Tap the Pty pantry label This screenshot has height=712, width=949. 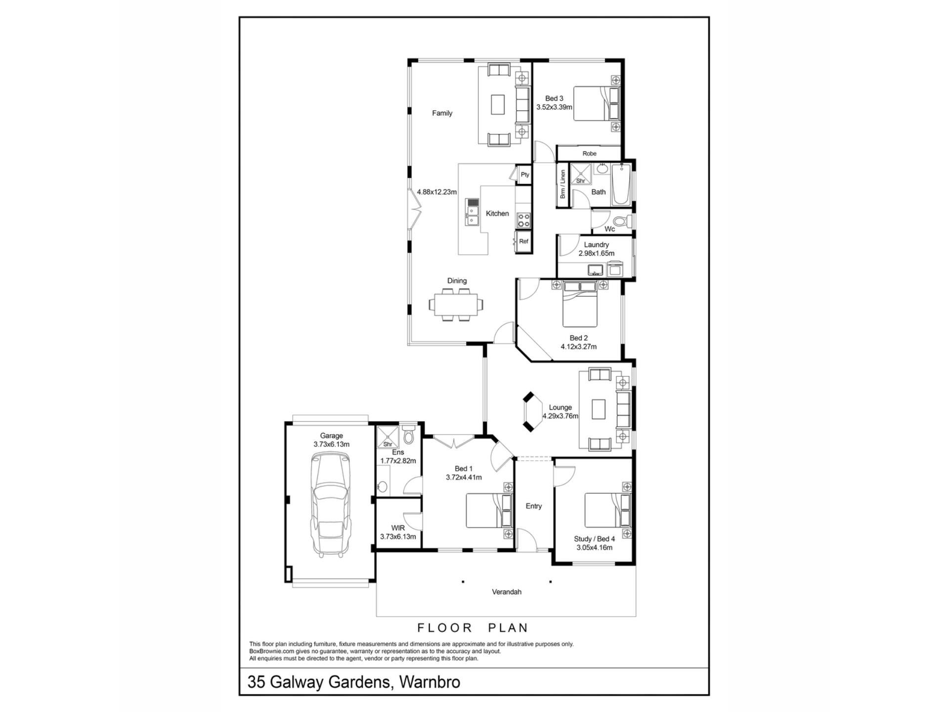tap(525, 175)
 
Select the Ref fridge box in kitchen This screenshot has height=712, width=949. tap(523, 241)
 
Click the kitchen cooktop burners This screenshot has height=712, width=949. tap(523, 220)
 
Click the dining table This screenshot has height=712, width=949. tap(457, 304)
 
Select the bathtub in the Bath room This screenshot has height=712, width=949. tap(620, 185)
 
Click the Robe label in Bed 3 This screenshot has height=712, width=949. tap(589, 154)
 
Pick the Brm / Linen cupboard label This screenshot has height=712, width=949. tap(562, 184)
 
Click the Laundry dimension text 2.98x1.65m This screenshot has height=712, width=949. tap(597, 253)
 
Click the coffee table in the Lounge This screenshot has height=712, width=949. tap(599, 409)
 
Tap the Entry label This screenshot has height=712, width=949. tap(534, 506)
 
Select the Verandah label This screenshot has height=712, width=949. tap(507, 592)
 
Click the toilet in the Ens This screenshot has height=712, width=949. tap(409, 435)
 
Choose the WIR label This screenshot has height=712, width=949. tap(398, 528)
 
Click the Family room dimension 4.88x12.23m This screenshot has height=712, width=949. tap(437, 192)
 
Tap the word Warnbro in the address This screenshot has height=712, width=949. tap(430, 682)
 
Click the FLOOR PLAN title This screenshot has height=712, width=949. tap(473, 628)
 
